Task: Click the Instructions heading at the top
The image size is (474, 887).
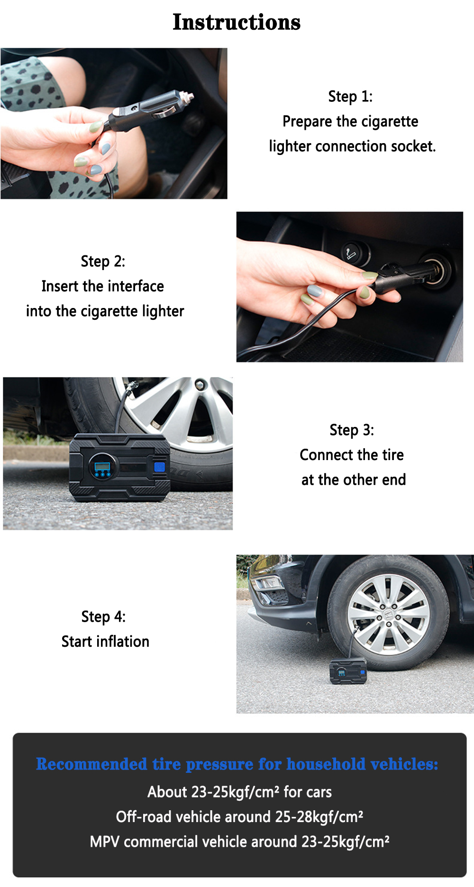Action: [237, 22]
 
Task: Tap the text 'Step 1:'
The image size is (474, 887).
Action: [350, 96]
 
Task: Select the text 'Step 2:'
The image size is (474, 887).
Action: [103, 261]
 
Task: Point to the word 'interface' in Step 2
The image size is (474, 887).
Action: [136, 286]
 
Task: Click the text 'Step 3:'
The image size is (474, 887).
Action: [352, 430]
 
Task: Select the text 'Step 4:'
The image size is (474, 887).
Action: [103, 616]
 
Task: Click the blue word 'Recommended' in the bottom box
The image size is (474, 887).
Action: [91, 764]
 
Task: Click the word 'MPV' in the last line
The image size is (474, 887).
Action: [105, 842]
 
